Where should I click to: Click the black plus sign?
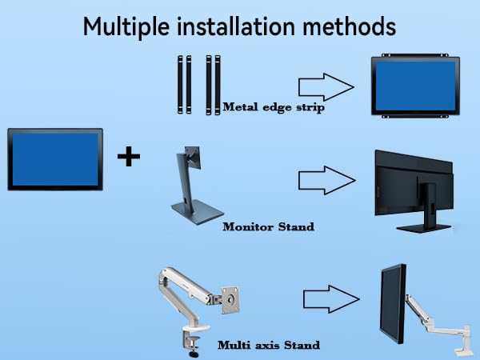(128, 156)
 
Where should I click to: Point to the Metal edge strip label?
(273, 107)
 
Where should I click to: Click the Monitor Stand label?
(268, 226)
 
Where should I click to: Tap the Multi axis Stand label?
(269, 345)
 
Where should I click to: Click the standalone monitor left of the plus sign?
(55, 159)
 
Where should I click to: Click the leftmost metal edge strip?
(180, 84)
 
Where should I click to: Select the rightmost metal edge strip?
(217, 84)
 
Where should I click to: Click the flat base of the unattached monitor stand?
(195, 212)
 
